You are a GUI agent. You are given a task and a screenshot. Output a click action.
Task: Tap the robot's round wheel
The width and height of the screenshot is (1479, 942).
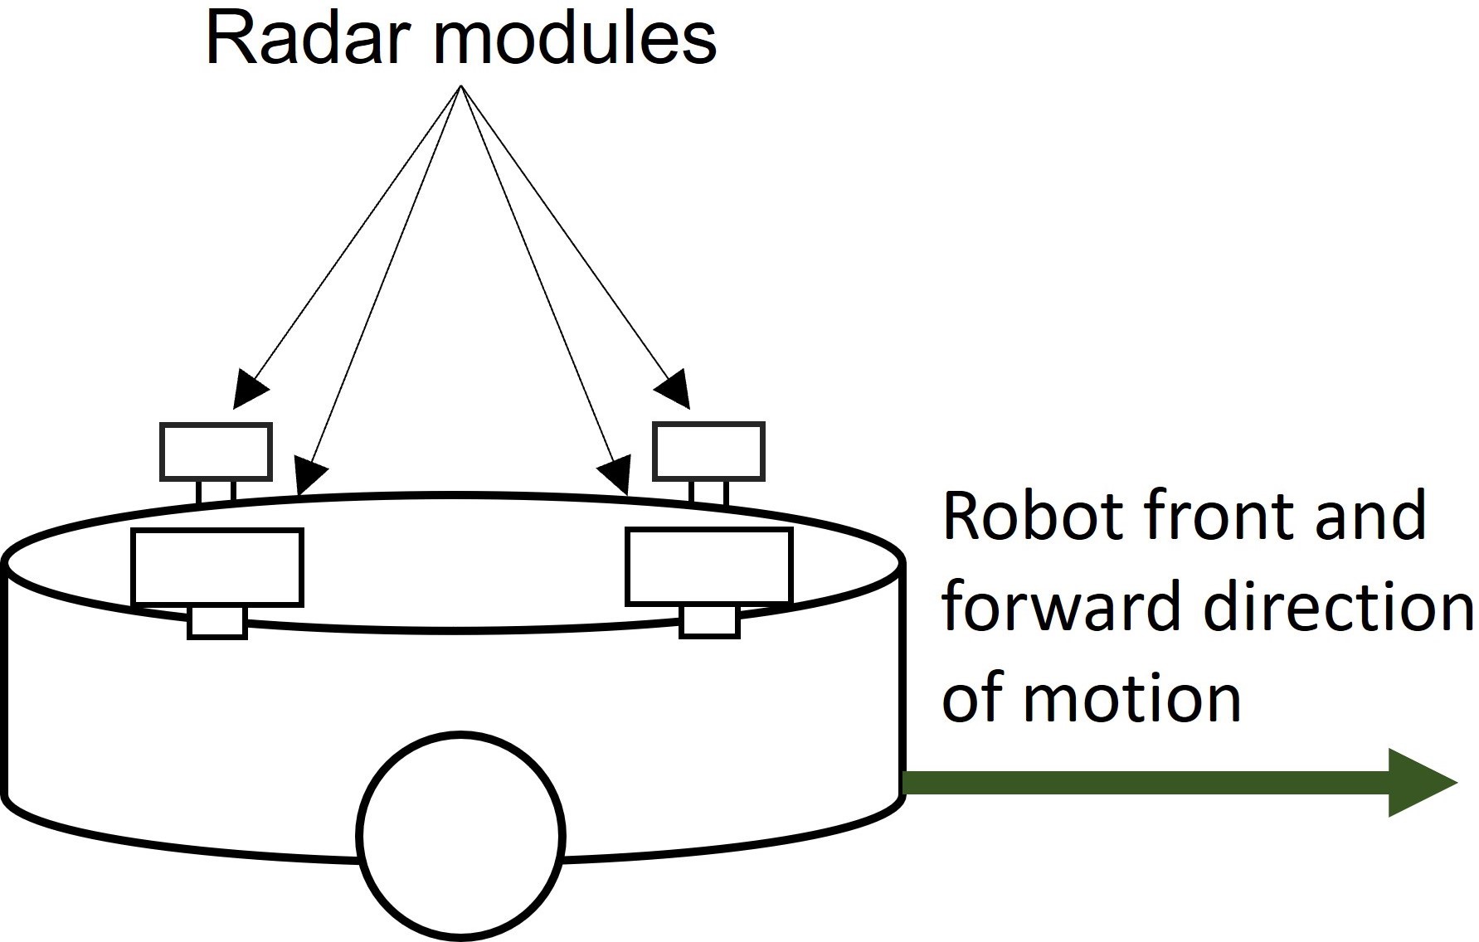click(x=461, y=835)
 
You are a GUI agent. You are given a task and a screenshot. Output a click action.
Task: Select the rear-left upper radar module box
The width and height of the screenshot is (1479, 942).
click(x=216, y=452)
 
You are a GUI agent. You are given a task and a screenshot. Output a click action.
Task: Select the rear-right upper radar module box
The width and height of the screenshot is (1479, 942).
click(x=708, y=452)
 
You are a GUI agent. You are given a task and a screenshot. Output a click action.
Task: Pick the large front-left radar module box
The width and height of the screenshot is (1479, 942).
click(x=217, y=567)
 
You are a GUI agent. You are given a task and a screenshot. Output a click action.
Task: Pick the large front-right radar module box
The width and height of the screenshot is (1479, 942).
click(x=708, y=567)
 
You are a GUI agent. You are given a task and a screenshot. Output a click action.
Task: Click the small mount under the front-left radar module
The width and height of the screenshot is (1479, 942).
click(x=217, y=622)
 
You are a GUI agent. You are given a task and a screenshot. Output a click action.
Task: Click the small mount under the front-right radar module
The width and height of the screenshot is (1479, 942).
click(x=709, y=622)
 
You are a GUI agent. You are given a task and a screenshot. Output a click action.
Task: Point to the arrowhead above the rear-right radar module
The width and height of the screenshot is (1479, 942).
click(x=674, y=390)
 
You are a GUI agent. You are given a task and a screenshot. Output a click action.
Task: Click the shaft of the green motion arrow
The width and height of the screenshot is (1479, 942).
click(x=1145, y=783)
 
